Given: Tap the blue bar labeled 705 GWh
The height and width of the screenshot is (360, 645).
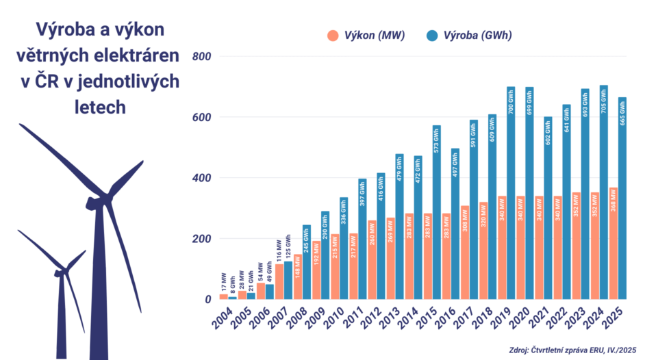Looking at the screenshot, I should click(x=603, y=192).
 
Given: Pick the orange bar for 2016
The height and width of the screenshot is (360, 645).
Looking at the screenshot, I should click(x=446, y=257).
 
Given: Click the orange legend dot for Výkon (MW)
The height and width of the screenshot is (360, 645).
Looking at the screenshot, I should click(x=333, y=36).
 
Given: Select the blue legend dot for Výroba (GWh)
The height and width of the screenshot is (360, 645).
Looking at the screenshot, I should click(x=432, y=36).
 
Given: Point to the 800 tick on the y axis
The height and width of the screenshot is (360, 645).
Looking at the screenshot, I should click(x=201, y=56).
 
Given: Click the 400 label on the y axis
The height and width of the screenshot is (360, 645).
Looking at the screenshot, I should click(x=201, y=178).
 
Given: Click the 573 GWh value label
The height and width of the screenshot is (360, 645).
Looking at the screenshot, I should click(x=437, y=141).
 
